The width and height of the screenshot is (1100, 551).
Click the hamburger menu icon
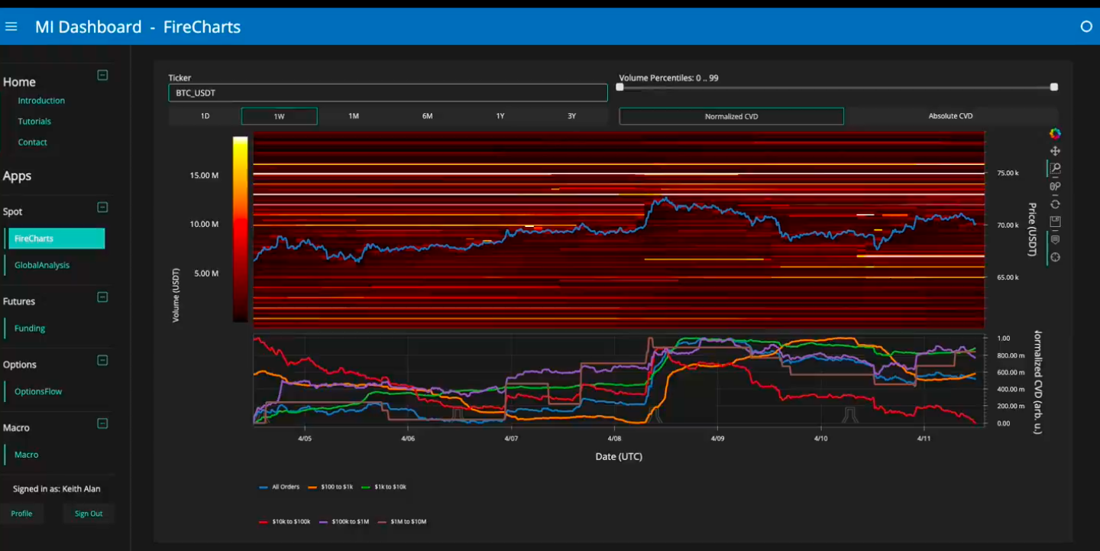pos(11,27)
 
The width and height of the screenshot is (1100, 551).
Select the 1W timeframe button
pos(279,116)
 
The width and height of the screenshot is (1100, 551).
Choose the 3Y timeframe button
pos(571,116)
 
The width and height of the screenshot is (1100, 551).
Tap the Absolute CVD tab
pos(950,116)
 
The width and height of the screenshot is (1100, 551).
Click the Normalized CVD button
pos(731,116)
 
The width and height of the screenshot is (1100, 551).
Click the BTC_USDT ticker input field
pos(387,92)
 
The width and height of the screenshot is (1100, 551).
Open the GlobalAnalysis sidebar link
pos(42,265)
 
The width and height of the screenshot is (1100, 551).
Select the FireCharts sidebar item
pos(56,238)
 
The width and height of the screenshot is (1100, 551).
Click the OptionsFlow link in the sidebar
pos(38,391)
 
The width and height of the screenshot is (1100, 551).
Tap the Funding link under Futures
pos(30,328)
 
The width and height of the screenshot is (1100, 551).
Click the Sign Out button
pos(89,514)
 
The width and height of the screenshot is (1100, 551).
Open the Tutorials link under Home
pos(34,122)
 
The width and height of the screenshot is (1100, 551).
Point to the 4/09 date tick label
pos(717,438)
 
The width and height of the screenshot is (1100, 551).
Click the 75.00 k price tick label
pos(1008,173)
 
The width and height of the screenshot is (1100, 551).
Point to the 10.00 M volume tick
pos(204,224)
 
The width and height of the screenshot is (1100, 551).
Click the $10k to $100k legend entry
pos(285,521)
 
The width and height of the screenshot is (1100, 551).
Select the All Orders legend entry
pos(279,487)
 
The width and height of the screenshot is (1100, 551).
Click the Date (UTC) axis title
pos(619,457)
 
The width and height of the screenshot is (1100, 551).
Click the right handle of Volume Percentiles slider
pos(1054,87)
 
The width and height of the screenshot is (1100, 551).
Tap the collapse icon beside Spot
pos(102,207)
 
